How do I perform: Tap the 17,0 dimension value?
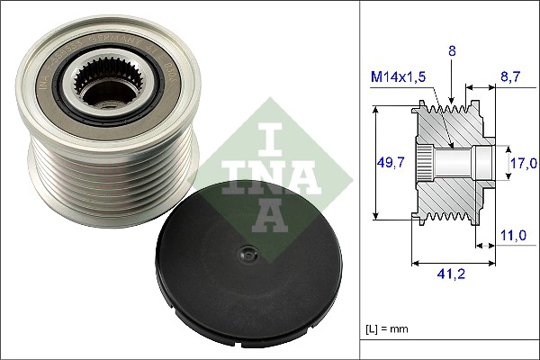pyautogui.click(x=522, y=163)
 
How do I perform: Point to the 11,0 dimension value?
pyautogui.click(x=512, y=235)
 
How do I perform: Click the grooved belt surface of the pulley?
pyautogui.click(x=90, y=180)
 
